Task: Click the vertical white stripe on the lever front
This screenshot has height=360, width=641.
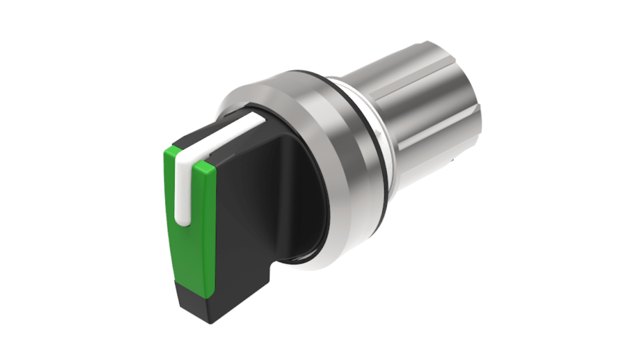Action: [182, 189]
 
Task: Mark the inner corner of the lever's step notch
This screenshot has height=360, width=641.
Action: [269, 267]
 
